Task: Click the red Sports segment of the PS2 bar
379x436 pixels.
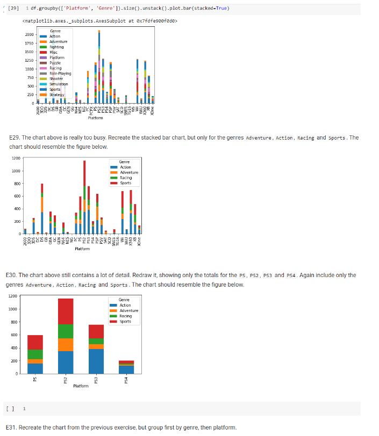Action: click(x=66, y=311)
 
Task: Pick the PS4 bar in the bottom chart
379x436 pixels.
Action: click(x=127, y=367)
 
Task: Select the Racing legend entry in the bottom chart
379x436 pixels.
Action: click(x=125, y=316)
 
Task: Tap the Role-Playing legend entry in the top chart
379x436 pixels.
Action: click(x=60, y=74)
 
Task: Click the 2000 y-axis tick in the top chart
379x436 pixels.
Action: click(x=29, y=34)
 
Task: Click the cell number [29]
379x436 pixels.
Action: click(x=15, y=8)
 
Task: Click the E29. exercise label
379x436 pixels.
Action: click(x=15, y=137)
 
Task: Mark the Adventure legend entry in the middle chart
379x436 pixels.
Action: click(x=128, y=172)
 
